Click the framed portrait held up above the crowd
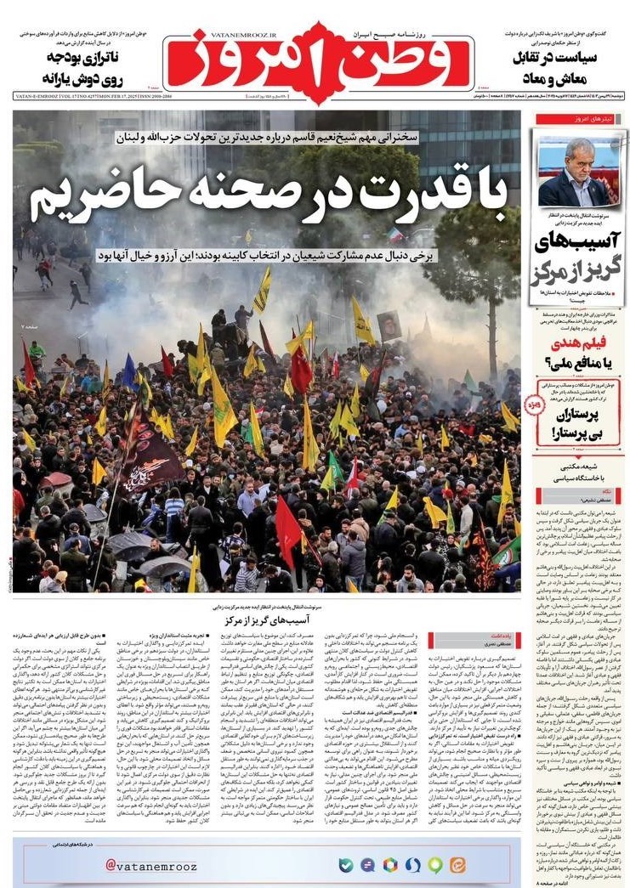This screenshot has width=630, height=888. (x=389, y=325)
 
